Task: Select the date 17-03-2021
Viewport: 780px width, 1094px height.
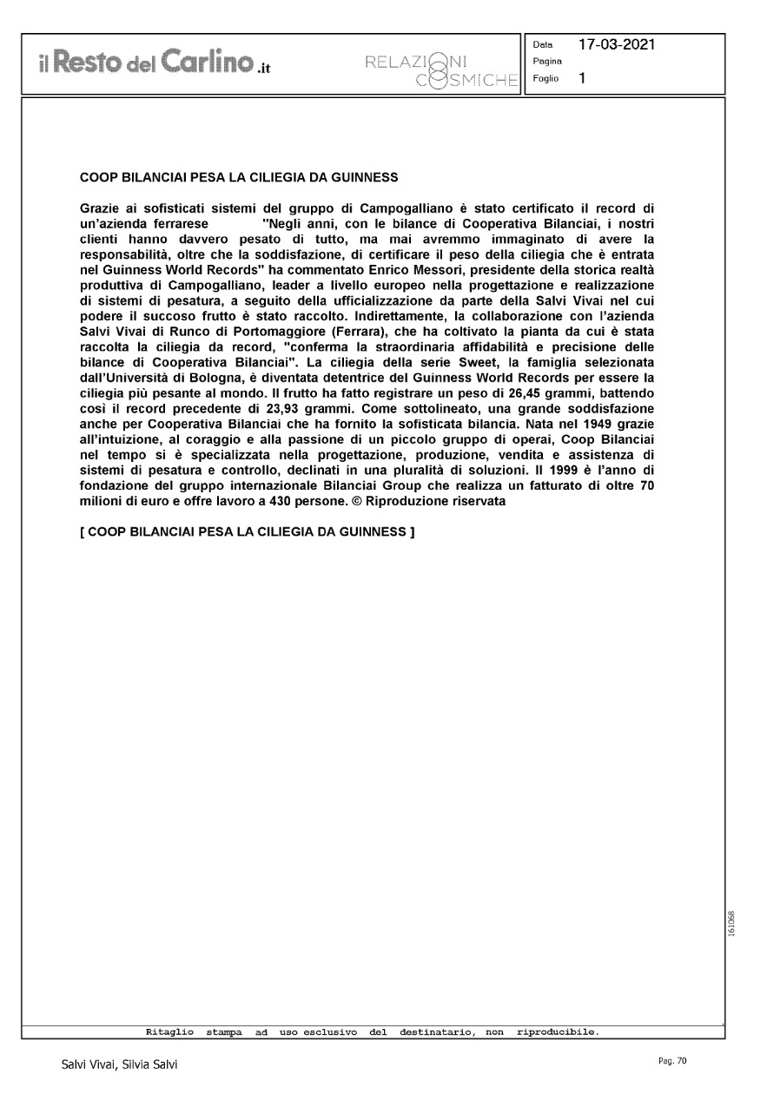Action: tap(618, 44)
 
